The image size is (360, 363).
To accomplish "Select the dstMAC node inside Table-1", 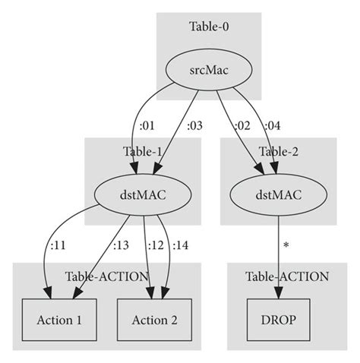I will [142, 195].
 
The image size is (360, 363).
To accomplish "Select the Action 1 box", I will [59, 320].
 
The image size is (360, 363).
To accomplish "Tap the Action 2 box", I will [154, 320].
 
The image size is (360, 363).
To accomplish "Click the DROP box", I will [278, 320].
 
